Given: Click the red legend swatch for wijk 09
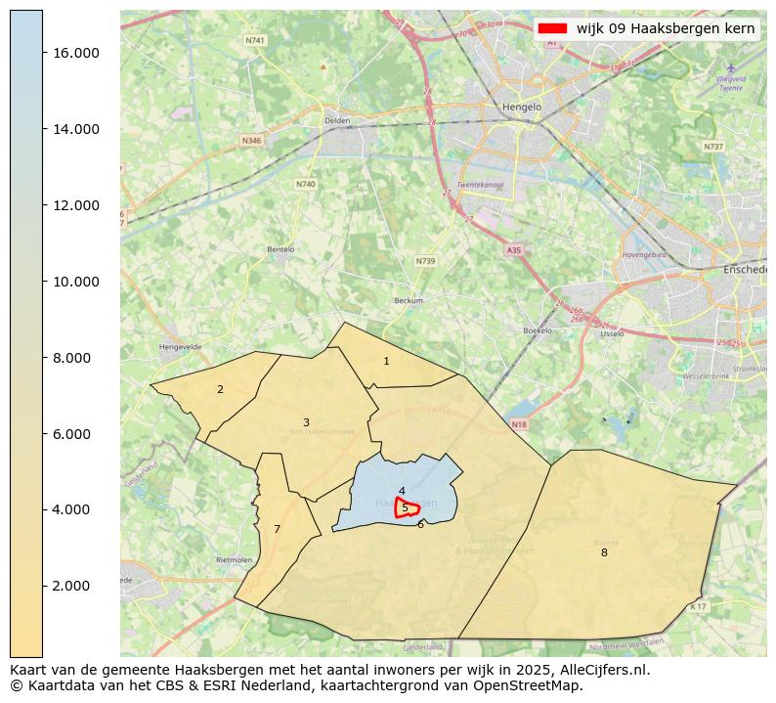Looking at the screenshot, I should point(553,28).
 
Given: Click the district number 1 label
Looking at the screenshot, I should point(386,362).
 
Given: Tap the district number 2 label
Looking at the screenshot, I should point(220,390).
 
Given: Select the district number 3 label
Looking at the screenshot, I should point(306,423).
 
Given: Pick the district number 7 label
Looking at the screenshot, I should point(277,530).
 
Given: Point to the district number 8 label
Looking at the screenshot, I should point(604,553).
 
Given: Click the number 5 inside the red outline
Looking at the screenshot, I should point(405,508).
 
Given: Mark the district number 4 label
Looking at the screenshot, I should point(402,492).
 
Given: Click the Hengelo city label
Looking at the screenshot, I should point(521,108).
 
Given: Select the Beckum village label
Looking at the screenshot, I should point(409,301).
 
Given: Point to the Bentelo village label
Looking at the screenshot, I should point(280,249).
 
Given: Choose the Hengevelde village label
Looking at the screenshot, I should point(179,346).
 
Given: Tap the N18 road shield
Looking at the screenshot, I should point(519,424).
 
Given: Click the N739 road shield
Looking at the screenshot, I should point(425,261).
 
